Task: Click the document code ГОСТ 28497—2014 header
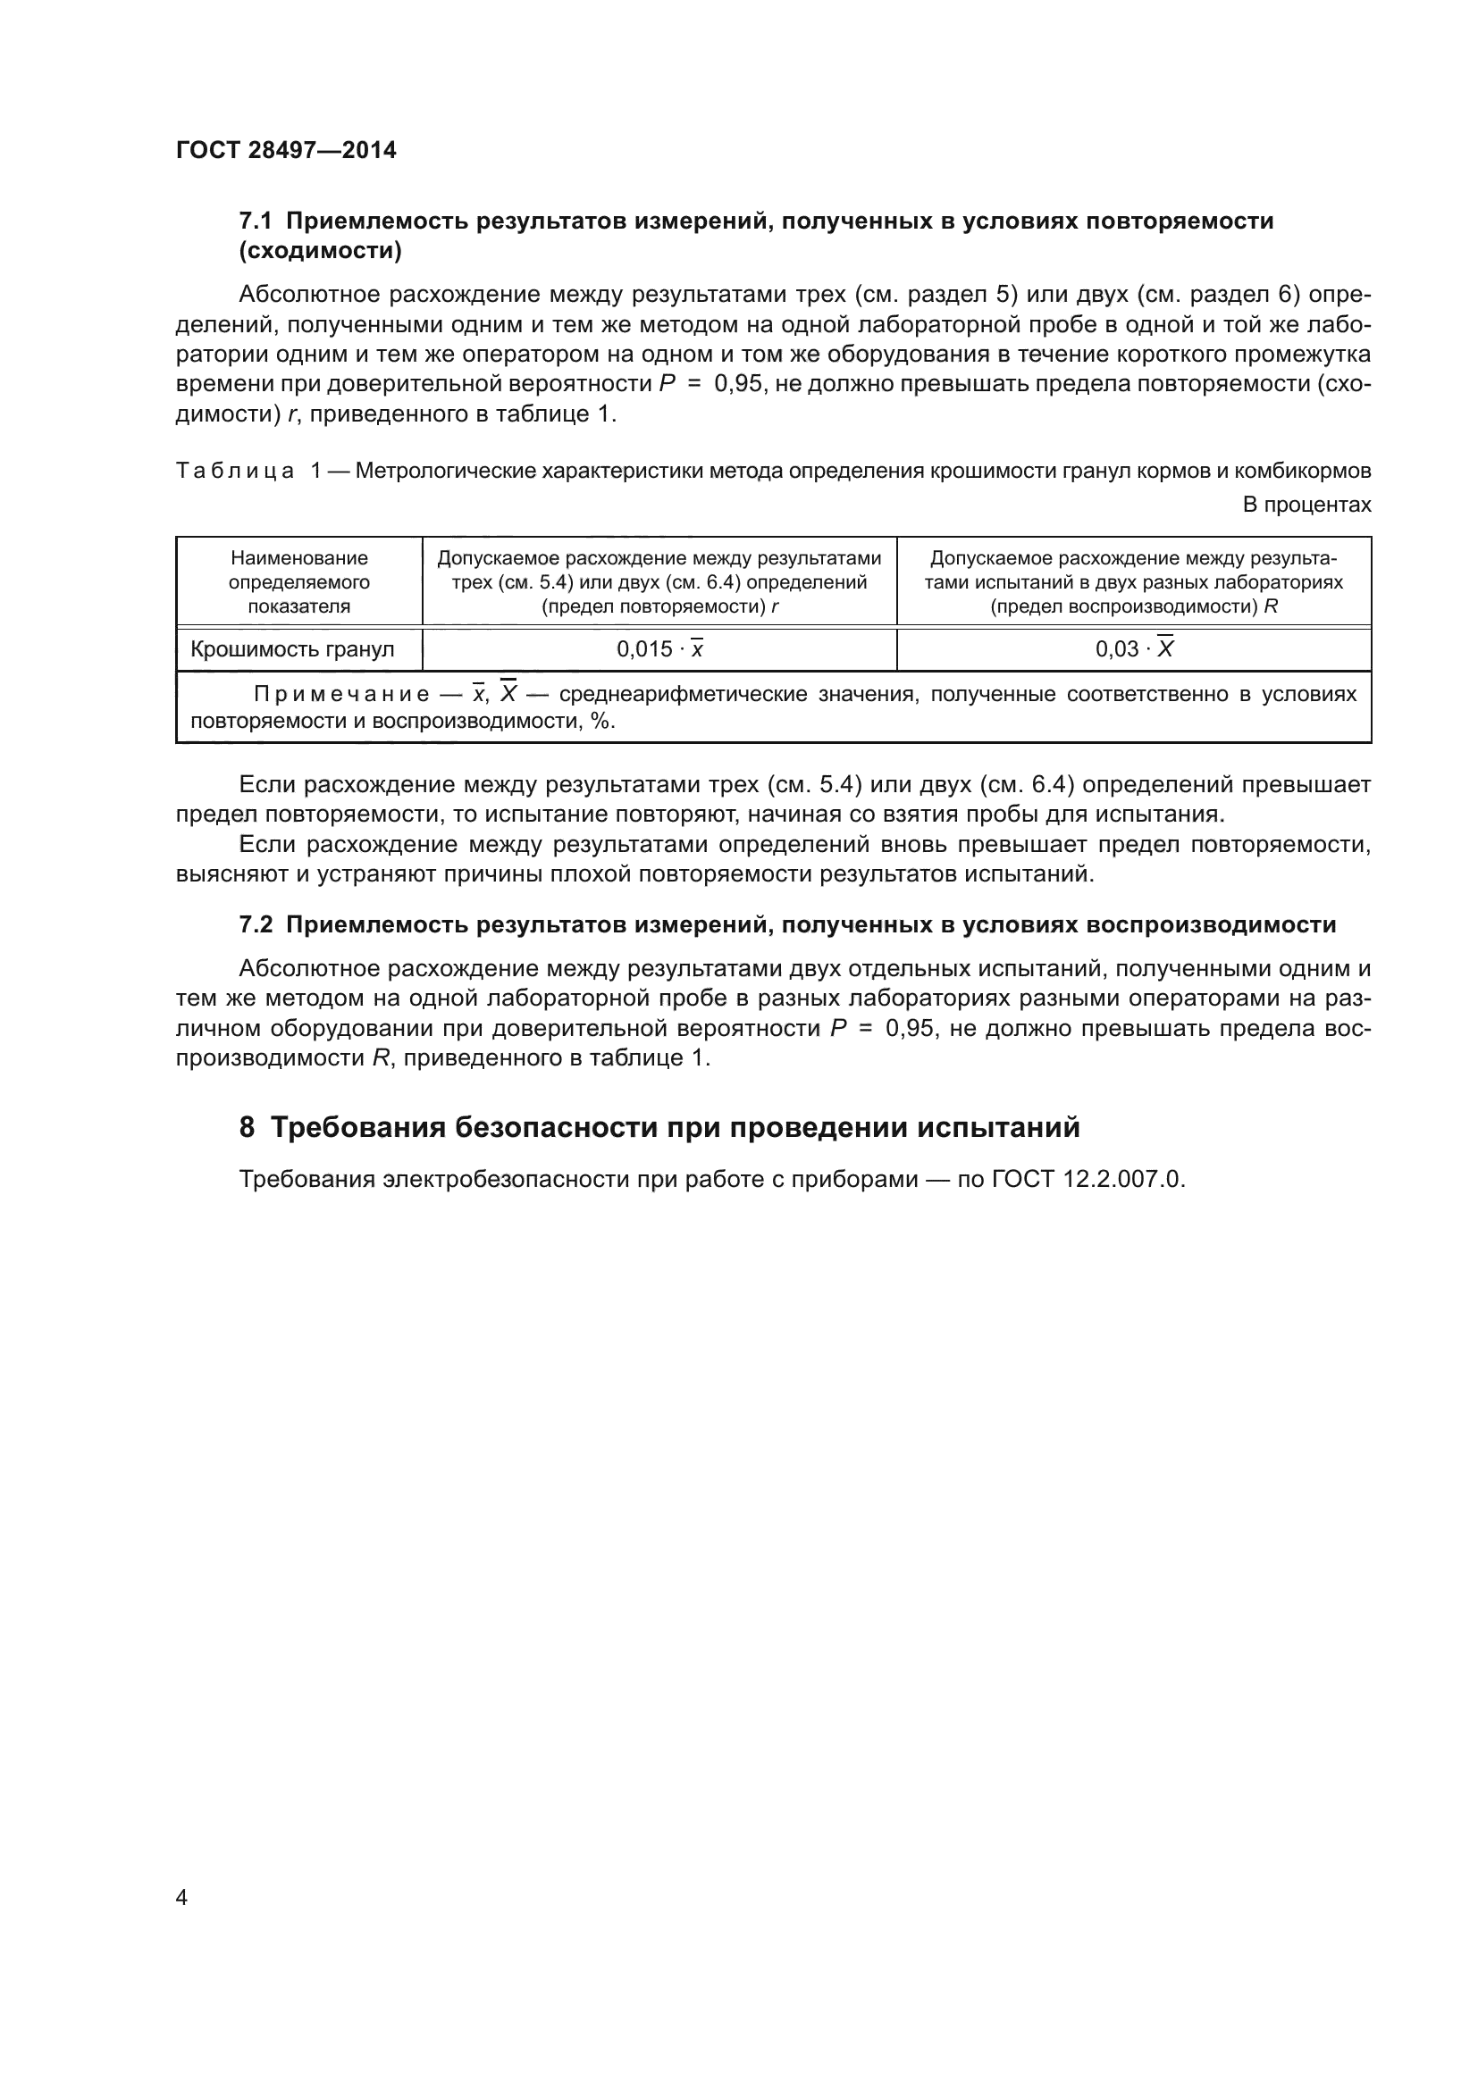[286, 150]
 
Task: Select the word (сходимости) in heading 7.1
[321, 251]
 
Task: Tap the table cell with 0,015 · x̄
[659, 648]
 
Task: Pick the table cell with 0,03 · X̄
[1134, 648]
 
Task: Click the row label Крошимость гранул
[292, 648]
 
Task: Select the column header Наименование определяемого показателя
[298, 581]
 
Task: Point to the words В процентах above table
[1306, 504]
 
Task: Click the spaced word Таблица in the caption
[235, 471]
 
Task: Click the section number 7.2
[255, 924]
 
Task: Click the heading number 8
[247, 1127]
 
